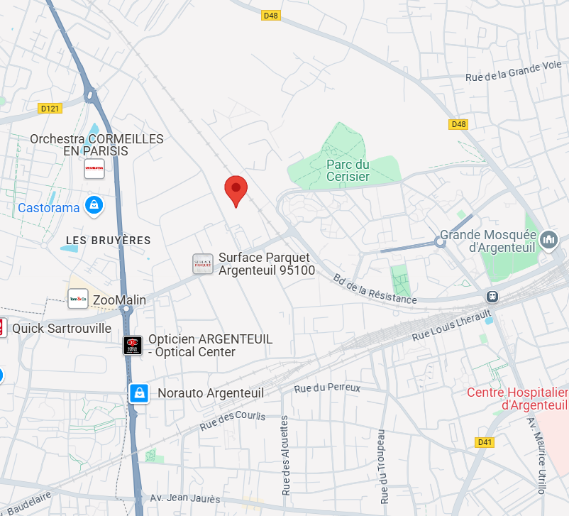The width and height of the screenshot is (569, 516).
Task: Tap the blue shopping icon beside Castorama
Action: click(x=93, y=207)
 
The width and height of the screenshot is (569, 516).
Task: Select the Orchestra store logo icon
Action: click(x=94, y=169)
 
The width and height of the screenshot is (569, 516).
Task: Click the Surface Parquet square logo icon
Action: click(x=203, y=264)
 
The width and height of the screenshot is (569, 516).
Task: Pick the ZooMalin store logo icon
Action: click(x=78, y=300)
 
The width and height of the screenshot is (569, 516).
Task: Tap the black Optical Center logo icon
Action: click(x=133, y=346)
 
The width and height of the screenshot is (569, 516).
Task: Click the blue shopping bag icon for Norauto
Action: click(x=139, y=393)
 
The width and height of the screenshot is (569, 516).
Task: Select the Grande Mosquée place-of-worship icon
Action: click(x=548, y=241)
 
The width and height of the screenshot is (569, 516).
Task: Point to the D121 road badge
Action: click(x=50, y=109)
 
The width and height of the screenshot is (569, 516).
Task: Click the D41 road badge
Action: click(x=485, y=442)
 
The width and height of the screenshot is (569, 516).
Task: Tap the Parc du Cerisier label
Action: click(x=348, y=170)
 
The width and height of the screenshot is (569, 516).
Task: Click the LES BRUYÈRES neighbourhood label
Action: click(x=109, y=241)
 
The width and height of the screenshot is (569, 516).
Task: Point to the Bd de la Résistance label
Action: click(x=375, y=290)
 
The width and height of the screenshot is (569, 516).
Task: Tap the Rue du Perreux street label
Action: click(x=327, y=388)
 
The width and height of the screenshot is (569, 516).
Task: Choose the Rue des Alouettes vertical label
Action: click(x=285, y=455)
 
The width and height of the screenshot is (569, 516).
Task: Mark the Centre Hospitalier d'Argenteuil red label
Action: click(x=518, y=399)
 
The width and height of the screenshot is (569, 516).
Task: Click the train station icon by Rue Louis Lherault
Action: click(x=491, y=296)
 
